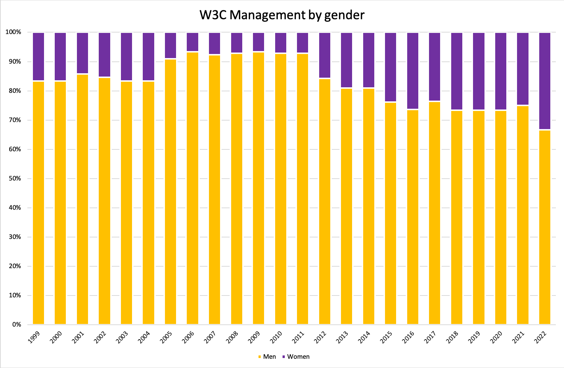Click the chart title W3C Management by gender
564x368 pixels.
pyautogui.click(x=282, y=15)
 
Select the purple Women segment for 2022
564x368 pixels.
pyautogui.click(x=545, y=81)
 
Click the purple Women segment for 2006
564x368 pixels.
pyautogui.click(x=192, y=42)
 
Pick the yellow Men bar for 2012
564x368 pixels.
pyautogui.click(x=325, y=202)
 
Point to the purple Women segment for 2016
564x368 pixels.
pyautogui.click(x=413, y=71)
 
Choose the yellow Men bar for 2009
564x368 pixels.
pyautogui.click(x=259, y=189)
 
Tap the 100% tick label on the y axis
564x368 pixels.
pyautogui.click(x=13, y=33)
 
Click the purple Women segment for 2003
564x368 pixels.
pyautogui.click(x=126, y=56)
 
